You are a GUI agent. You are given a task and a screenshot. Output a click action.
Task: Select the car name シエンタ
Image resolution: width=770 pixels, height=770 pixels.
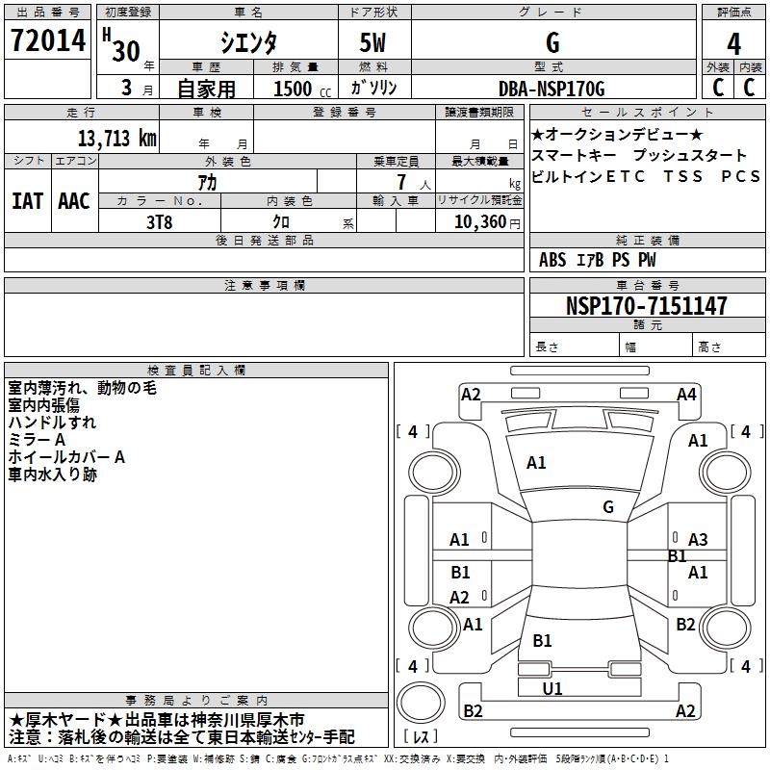tap(247, 43)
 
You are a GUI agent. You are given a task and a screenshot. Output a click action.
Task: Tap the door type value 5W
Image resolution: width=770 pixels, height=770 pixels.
tap(374, 43)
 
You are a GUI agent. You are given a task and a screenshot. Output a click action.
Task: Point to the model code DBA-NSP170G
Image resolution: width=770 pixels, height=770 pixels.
tap(552, 90)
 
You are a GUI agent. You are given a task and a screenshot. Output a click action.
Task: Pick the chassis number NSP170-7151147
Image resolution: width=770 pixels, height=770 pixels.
tap(646, 306)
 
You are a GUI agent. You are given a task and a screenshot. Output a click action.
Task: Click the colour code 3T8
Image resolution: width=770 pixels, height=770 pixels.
tap(159, 220)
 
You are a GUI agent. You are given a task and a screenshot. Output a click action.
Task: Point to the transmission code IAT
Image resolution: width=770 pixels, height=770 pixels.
tap(27, 201)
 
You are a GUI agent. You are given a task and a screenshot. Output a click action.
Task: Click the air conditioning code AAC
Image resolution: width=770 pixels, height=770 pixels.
tap(73, 201)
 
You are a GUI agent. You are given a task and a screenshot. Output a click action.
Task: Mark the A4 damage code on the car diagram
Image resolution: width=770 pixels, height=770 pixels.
tap(686, 394)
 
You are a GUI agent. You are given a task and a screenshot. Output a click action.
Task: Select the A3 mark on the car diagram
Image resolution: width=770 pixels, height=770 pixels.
tap(698, 540)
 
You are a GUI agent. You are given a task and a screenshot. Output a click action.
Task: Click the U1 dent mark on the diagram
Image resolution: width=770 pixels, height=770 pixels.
tap(552, 688)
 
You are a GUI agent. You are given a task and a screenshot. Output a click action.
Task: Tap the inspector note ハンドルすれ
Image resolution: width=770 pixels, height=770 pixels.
tap(52, 423)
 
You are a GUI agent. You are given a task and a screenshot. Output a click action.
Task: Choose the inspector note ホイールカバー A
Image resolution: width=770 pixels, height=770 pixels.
tap(66, 457)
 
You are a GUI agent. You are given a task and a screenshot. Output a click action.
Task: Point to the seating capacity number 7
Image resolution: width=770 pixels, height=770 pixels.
tap(399, 182)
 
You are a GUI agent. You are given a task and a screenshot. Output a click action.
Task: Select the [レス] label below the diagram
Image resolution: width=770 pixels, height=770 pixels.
tap(422, 737)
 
